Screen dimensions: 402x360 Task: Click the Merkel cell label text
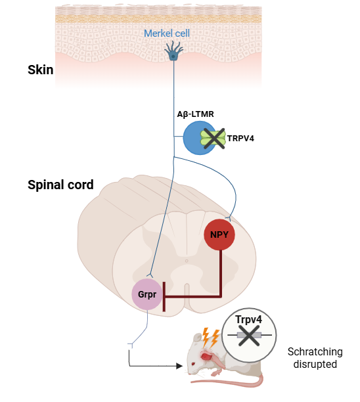(x=173, y=33)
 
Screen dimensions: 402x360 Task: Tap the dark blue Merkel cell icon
(x=173, y=53)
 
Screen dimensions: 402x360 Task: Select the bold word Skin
(x=41, y=70)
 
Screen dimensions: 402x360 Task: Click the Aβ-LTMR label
(x=195, y=114)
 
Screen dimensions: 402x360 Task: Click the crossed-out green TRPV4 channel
(x=214, y=137)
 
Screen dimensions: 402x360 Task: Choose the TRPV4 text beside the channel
(x=243, y=138)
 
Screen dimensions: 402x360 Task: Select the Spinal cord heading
(x=60, y=185)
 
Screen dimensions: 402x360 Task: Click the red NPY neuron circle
(x=219, y=234)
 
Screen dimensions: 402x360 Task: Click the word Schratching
(x=312, y=351)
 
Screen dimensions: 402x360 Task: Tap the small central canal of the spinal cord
(x=186, y=260)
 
